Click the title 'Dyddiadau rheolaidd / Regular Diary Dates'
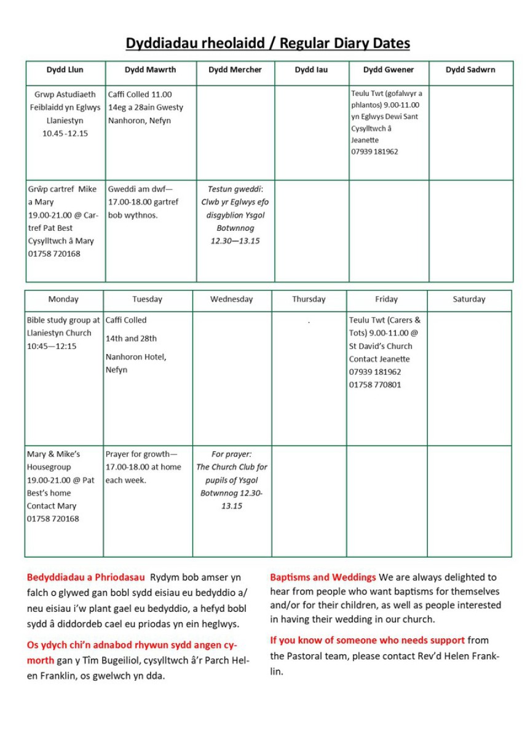click(x=267, y=43)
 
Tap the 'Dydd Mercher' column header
click(x=235, y=70)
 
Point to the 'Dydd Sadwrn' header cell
click(x=470, y=70)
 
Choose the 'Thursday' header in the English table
click(x=309, y=299)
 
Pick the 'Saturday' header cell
click(x=469, y=299)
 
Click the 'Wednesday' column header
click(x=231, y=299)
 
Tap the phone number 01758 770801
click(x=375, y=385)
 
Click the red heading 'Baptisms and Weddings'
click(x=323, y=577)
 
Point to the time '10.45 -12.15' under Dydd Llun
click(x=65, y=134)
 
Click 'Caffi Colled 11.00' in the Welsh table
click(x=140, y=95)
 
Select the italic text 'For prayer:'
click(x=231, y=454)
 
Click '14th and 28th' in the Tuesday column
click(x=131, y=339)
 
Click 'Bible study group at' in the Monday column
click(x=63, y=320)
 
